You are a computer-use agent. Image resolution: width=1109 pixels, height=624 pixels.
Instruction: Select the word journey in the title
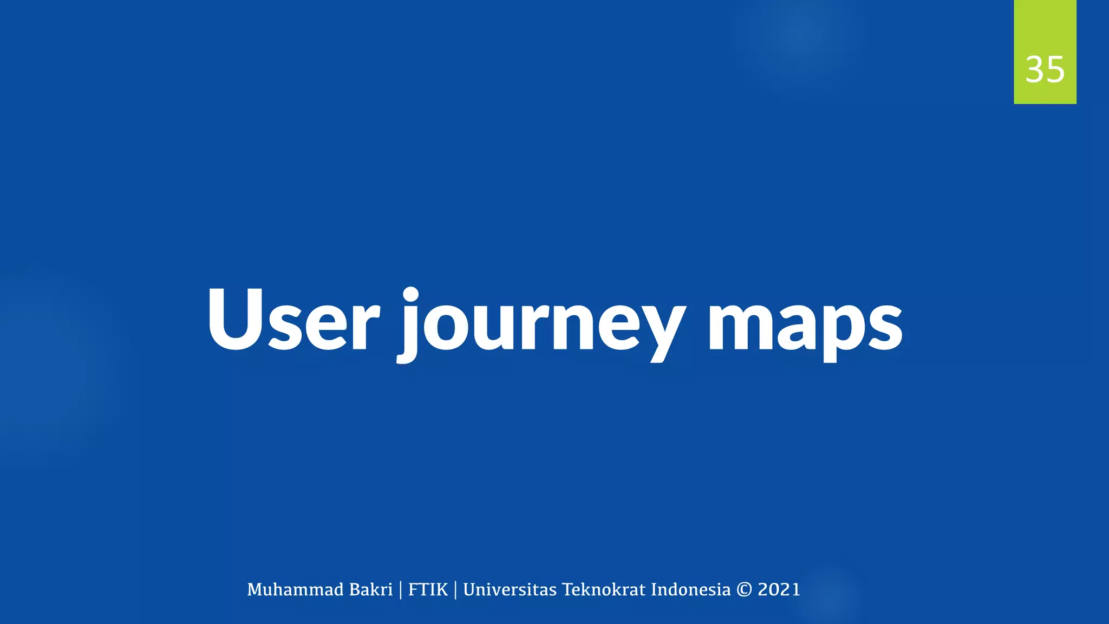[542, 325]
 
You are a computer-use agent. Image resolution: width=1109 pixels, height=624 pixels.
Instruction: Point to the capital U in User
[233, 320]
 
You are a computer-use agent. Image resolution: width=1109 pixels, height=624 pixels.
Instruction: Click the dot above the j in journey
[410, 295]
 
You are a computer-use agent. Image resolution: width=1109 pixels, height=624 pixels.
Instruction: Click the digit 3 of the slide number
[1035, 70]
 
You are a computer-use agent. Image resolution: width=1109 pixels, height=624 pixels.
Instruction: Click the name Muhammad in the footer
[295, 589]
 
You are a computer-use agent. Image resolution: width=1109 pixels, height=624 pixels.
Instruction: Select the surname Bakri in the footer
[371, 589]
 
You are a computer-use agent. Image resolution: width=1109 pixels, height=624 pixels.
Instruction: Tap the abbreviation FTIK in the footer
[428, 589]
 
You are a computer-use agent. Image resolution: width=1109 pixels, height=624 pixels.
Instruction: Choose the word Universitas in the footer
[510, 589]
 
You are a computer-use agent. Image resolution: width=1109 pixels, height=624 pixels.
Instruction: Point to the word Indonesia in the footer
[690, 589]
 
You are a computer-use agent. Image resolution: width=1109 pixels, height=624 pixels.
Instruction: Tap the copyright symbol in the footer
[744, 589]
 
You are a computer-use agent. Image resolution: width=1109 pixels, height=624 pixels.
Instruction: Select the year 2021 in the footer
[779, 589]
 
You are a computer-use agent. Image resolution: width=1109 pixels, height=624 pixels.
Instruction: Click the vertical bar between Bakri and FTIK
[401, 590]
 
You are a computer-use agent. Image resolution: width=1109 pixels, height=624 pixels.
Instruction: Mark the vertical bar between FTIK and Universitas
[455, 590]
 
